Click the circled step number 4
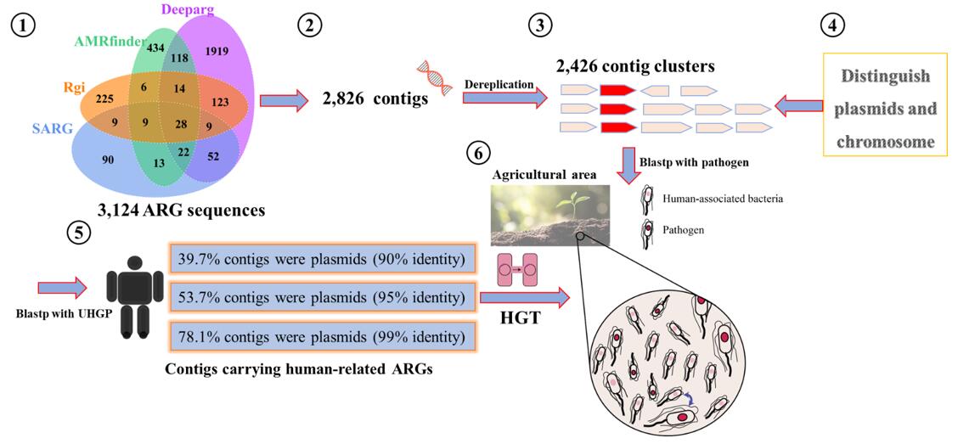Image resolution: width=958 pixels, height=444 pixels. [832, 25]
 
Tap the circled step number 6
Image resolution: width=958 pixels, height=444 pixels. [479, 154]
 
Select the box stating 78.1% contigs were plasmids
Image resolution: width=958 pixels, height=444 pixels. [322, 337]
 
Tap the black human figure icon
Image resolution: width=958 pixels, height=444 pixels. [132, 300]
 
